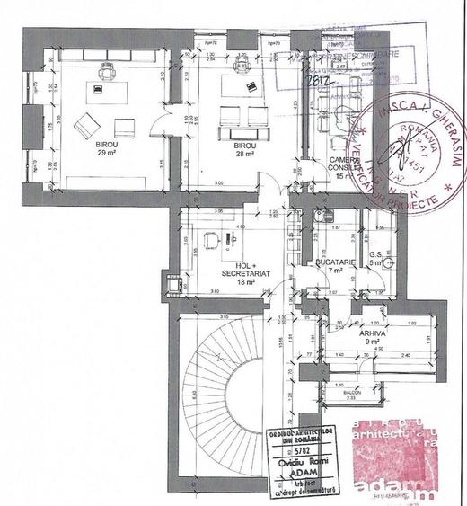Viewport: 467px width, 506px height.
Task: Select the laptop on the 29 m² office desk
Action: tap(95, 87)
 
